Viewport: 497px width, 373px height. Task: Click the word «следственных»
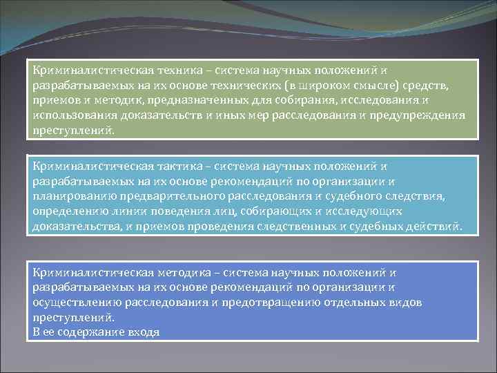311,227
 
